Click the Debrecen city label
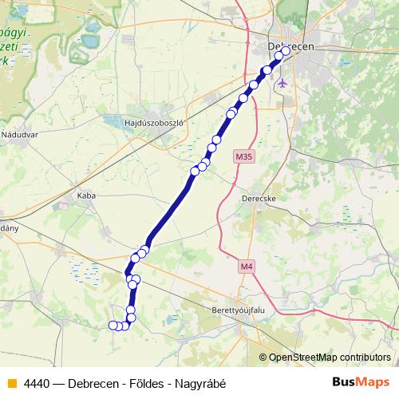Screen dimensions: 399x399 pos(290,47)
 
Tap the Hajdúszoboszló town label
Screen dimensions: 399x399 pos(155,123)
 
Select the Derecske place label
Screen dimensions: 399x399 pos(257,196)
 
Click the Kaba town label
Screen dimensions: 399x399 pos(85,195)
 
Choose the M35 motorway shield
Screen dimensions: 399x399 pos(244,157)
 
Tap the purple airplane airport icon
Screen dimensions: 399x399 pos(281,82)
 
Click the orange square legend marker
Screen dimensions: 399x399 pos(11,382)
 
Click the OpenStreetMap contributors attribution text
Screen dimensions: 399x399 pos(325,358)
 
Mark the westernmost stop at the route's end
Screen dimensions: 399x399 pos(113,324)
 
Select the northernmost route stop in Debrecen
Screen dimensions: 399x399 pos(286,50)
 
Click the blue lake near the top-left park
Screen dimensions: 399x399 pos(90,38)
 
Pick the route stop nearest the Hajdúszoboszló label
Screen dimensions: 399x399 pos(195,171)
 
